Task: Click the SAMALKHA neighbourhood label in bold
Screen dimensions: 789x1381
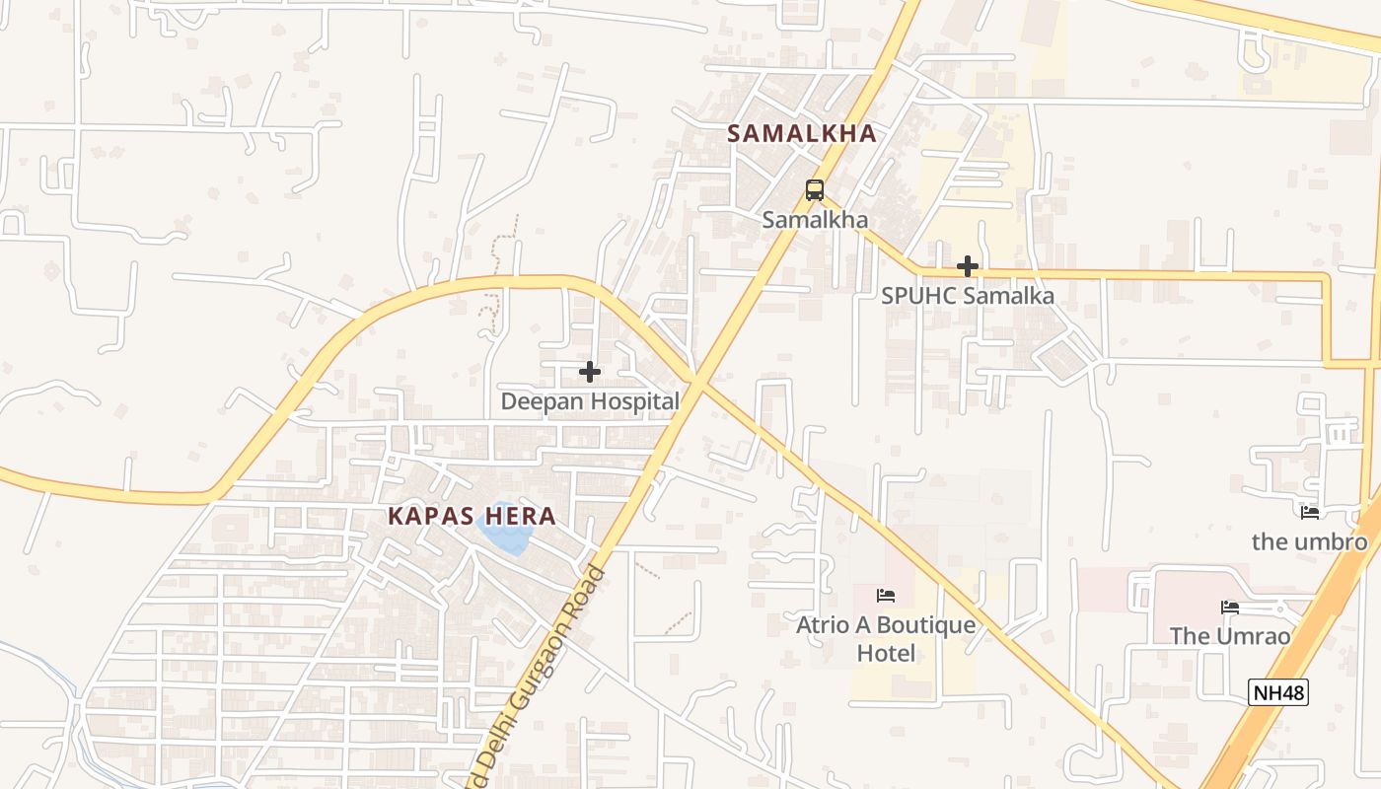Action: (x=802, y=134)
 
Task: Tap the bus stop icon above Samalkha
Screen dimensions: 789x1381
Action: (x=815, y=190)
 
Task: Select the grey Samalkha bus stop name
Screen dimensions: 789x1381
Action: (x=815, y=220)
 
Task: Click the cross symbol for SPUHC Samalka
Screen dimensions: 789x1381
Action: (x=968, y=266)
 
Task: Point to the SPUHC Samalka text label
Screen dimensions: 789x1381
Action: (x=968, y=296)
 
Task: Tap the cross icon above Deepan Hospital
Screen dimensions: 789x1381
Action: (x=590, y=372)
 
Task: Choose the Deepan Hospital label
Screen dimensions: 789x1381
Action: (x=590, y=401)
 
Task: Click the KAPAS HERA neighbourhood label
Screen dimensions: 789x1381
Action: (x=472, y=516)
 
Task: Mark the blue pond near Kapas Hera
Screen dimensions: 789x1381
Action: (x=505, y=534)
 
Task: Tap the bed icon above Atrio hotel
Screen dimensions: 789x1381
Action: (x=886, y=596)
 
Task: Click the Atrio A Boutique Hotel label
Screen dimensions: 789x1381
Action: (x=886, y=638)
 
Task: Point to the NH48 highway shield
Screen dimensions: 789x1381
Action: (x=1278, y=693)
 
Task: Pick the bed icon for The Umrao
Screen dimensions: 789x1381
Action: (x=1230, y=608)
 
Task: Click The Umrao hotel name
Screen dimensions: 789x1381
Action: (x=1230, y=636)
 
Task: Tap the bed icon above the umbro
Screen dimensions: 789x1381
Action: (x=1310, y=512)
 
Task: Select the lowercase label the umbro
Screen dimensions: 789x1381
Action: (x=1310, y=541)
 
